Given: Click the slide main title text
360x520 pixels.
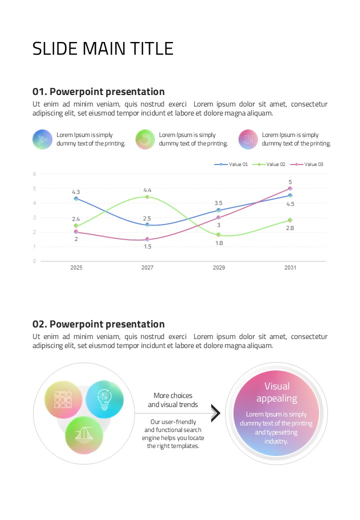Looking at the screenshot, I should pyautogui.click(x=103, y=48).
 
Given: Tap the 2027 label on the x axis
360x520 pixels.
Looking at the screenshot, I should pyautogui.click(x=147, y=267).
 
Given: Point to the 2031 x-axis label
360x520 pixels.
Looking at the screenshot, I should pyautogui.click(x=290, y=267).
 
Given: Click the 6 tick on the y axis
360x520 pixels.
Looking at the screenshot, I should pyautogui.click(x=34, y=174).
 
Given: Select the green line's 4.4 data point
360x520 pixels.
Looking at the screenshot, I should pyautogui.click(x=147, y=197).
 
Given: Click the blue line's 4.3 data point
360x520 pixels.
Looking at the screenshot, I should pyautogui.click(x=76, y=198).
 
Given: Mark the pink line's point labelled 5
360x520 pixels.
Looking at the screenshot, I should pyautogui.click(x=290, y=188).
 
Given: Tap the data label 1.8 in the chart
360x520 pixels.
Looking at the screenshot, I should pyautogui.click(x=219, y=243).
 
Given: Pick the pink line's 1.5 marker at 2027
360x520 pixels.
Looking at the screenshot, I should pyautogui.click(x=147, y=239).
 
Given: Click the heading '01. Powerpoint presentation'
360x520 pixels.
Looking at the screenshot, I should pyautogui.click(x=98, y=92).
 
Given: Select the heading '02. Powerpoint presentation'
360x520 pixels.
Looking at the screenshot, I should pyautogui.click(x=98, y=324).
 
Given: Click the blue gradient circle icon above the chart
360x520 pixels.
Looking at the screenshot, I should pyautogui.click(x=42, y=139).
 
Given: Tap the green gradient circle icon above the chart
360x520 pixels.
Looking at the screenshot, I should pyautogui.click(x=145, y=139).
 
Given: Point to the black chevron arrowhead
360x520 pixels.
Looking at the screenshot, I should pyautogui.click(x=215, y=413).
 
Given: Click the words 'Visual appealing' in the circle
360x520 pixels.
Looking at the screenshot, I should pyautogui.click(x=276, y=392).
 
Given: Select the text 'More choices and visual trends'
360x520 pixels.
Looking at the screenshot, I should pyautogui.click(x=172, y=400).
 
